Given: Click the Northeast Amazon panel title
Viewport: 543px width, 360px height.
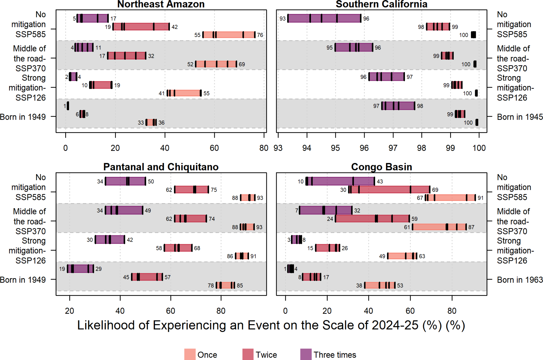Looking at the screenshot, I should (161, 4).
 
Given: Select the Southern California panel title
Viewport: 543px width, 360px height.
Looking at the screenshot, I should (381, 4).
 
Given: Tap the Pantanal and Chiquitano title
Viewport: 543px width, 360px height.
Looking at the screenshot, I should (161, 167).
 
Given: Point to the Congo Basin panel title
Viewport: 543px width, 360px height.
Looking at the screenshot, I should (381, 167).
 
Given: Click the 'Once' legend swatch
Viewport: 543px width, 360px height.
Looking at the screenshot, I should (190, 354).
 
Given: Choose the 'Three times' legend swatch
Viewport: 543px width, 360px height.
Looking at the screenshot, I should (306, 354).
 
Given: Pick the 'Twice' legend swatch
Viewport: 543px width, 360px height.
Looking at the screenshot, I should (248, 354).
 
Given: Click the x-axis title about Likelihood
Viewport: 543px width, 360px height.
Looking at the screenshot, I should (271, 325).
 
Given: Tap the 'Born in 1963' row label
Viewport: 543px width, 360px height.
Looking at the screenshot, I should (520, 280).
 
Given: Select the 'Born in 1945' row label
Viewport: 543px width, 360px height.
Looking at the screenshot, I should (520, 117).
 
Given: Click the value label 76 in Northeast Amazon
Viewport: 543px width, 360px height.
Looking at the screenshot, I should (260, 35).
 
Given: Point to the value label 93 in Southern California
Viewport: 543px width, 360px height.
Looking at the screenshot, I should (282, 19).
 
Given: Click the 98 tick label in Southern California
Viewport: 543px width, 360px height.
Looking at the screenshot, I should (421, 148).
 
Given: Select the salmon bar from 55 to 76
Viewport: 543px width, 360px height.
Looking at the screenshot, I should (229, 35).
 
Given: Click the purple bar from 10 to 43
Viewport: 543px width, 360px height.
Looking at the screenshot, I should (340, 181).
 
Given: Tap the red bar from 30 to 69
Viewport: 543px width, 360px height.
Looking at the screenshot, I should (389, 189).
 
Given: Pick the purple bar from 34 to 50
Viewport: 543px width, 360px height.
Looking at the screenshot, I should (125, 181).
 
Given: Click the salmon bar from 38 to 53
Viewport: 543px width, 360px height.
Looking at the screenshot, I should (380, 285).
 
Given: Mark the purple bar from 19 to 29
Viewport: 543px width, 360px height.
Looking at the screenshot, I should (81, 269).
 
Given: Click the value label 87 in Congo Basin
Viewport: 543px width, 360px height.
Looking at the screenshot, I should (471, 227).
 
